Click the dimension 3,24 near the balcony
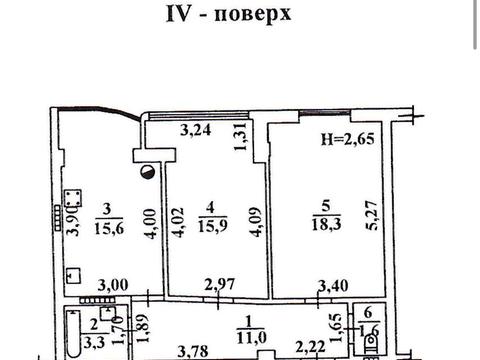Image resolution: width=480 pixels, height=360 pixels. pyautogui.click(x=199, y=129)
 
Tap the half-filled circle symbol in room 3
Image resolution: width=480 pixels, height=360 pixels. pyautogui.click(x=149, y=174)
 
